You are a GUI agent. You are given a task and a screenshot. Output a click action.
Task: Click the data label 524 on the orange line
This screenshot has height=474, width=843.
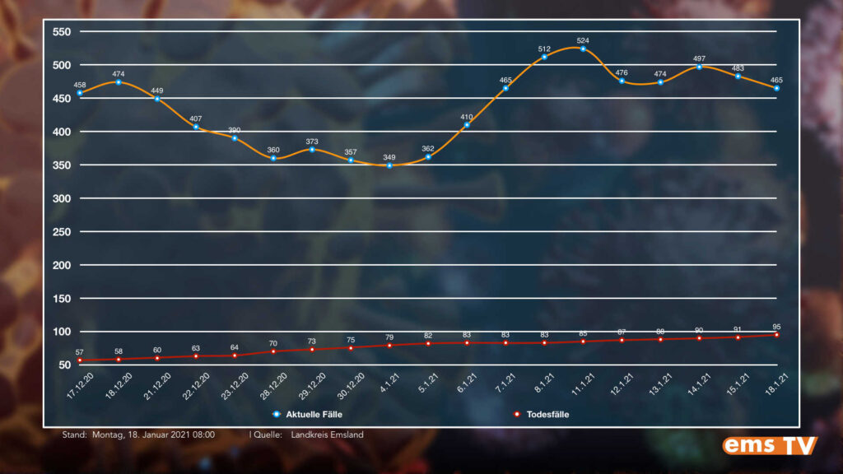pyautogui.click(x=583, y=40)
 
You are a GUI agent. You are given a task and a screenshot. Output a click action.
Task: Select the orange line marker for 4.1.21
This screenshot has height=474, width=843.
pyautogui.click(x=389, y=165)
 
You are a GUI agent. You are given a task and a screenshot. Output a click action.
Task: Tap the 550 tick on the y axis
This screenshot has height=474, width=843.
pyautogui.click(x=63, y=32)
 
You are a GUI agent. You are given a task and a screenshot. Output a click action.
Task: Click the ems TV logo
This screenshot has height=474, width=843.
pyautogui.click(x=770, y=445)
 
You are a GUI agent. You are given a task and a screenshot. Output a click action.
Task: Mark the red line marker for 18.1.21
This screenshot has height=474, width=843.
pyautogui.click(x=776, y=335)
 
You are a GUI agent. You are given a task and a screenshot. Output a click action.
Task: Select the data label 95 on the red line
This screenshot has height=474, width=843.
pyautogui.click(x=776, y=326)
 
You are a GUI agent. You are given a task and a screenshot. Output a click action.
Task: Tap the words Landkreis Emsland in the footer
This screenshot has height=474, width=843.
pyautogui.click(x=327, y=434)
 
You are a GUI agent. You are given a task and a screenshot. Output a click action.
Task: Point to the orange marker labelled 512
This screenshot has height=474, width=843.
pyautogui.click(x=544, y=57)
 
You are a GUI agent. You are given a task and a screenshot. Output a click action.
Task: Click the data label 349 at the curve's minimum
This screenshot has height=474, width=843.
pyautogui.click(x=389, y=156)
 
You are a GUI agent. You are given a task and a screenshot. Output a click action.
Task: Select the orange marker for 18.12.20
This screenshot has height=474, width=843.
pyautogui.click(x=119, y=82)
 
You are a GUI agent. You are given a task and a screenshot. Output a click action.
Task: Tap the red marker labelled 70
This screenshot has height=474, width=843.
pyautogui.click(x=273, y=351)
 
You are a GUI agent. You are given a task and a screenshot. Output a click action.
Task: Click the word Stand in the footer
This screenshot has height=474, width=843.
pyautogui.click(x=73, y=434)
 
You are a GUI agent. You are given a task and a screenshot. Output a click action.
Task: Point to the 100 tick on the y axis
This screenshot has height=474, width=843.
pyautogui.click(x=63, y=332)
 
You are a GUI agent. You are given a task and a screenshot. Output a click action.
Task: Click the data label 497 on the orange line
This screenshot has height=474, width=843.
pyautogui.click(x=699, y=58)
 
